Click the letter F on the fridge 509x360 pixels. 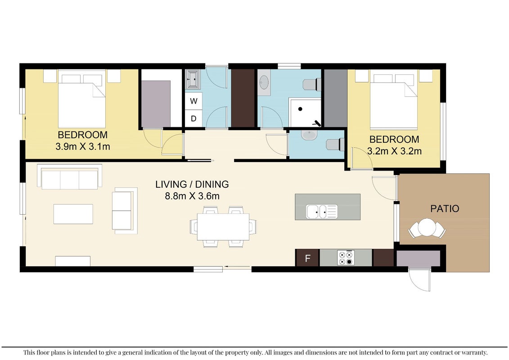point(308,258)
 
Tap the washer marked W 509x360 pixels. point(194,101)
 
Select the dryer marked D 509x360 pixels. point(194,118)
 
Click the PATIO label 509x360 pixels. point(445,208)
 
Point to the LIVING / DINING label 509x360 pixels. point(192,184)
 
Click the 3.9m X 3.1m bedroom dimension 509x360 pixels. point(83,146)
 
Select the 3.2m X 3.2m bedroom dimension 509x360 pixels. point(394,151)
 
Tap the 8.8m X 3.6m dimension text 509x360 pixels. point(192,196)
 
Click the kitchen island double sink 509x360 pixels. point(322,211)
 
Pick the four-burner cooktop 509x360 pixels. point(346,257)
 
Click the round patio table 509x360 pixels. point(427,227)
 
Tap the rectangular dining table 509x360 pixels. point(223,227)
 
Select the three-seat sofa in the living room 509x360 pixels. point(69,177)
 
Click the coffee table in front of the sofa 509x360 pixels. point(73,214)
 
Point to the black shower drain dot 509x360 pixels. point(300,109)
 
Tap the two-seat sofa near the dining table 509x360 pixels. point(125,211)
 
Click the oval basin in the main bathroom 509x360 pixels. point(264,82)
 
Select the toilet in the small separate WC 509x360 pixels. point(335,144)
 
